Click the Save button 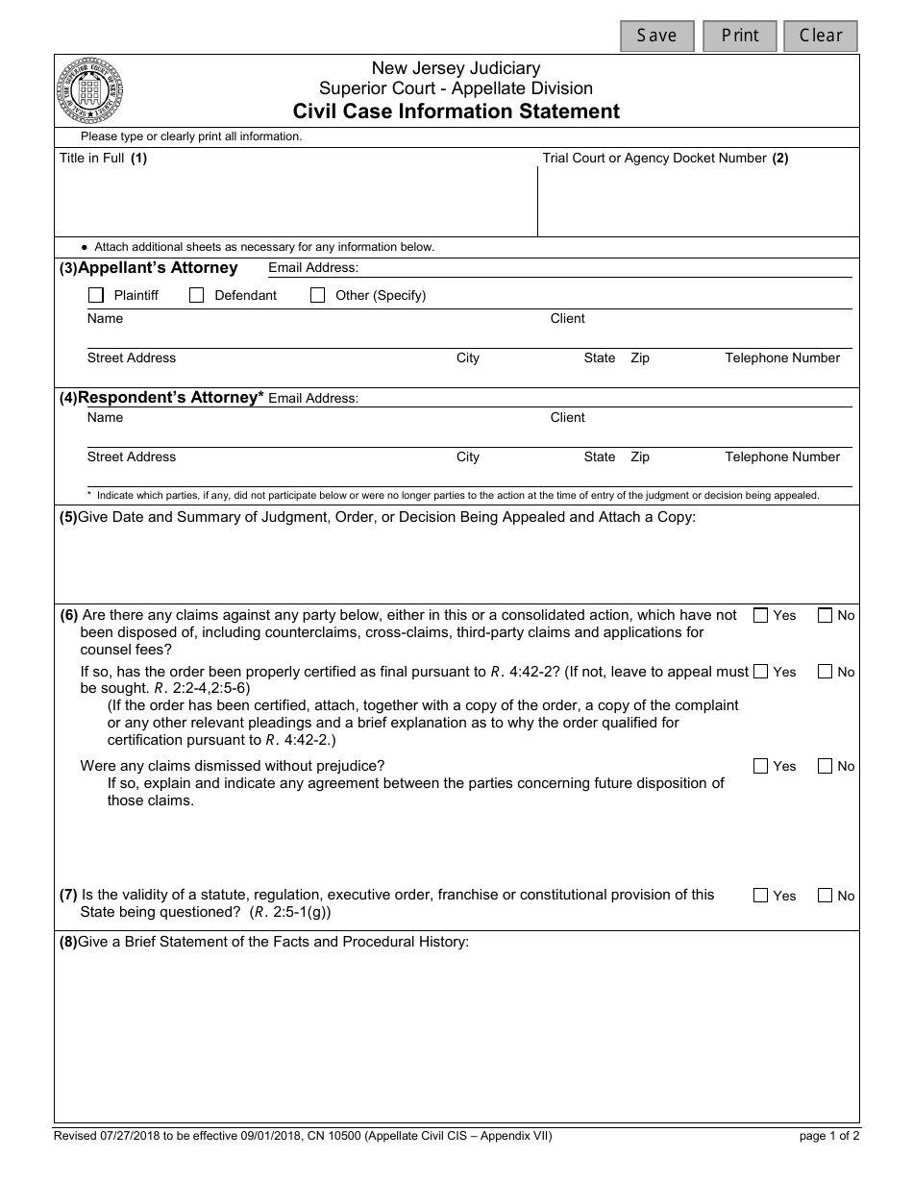coord(657,36)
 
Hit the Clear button coord(820,36)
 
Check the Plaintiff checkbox coord(96,295)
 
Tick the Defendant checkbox coord(197,295)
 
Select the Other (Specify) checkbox coord(318,295)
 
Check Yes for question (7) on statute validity coord(761,896)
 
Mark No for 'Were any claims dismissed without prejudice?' coord(825,766)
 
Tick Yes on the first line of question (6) coord(761,615)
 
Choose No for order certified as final coord(825,672)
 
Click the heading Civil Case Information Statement coord(456,111)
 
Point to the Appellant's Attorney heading coord(157,268)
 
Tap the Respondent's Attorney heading coord(170,397)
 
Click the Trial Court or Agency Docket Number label coord(654,158)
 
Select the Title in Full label coord(92,158)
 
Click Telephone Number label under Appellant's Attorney coord(781,357)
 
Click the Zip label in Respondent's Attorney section coord(639,456)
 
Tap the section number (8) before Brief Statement coord(68,942)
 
